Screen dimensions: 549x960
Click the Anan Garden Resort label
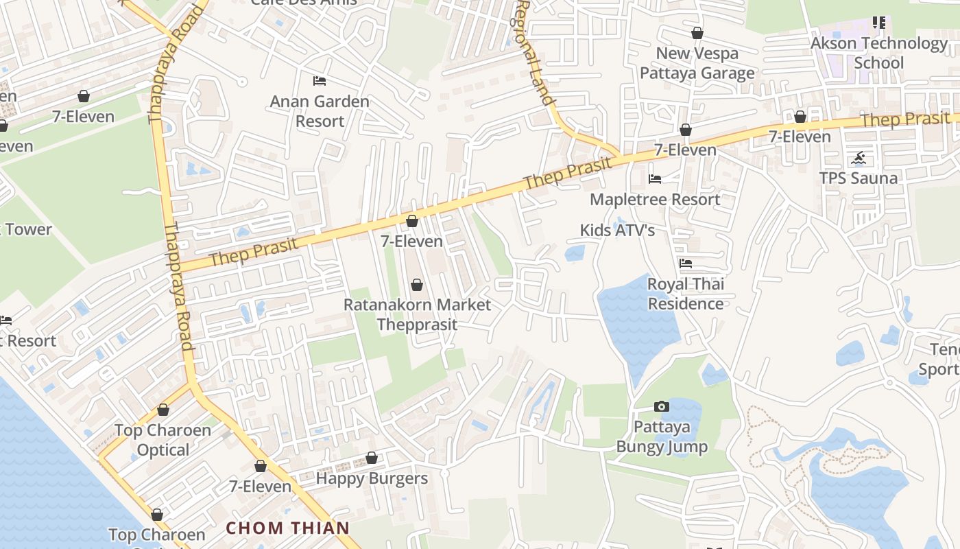320,111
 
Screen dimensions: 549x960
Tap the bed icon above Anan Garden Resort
319,81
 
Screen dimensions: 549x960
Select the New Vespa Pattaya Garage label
697,63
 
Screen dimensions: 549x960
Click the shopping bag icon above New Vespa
697,33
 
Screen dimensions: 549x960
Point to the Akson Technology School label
879,53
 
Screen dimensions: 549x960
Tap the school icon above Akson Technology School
879,23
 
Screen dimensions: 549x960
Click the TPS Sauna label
859,178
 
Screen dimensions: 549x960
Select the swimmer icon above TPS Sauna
859,159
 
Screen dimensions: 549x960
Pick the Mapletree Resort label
655,200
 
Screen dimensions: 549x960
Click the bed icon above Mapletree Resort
655,179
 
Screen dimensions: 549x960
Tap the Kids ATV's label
617,230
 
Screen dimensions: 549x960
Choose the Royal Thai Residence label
686,294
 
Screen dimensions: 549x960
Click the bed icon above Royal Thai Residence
685,264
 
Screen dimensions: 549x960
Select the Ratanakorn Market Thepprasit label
417,314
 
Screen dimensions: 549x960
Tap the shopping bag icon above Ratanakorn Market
417,285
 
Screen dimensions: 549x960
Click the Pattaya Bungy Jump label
662,437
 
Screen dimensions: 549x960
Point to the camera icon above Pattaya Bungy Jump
662,407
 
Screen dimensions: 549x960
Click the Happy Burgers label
372,478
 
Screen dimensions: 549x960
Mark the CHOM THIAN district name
288,528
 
